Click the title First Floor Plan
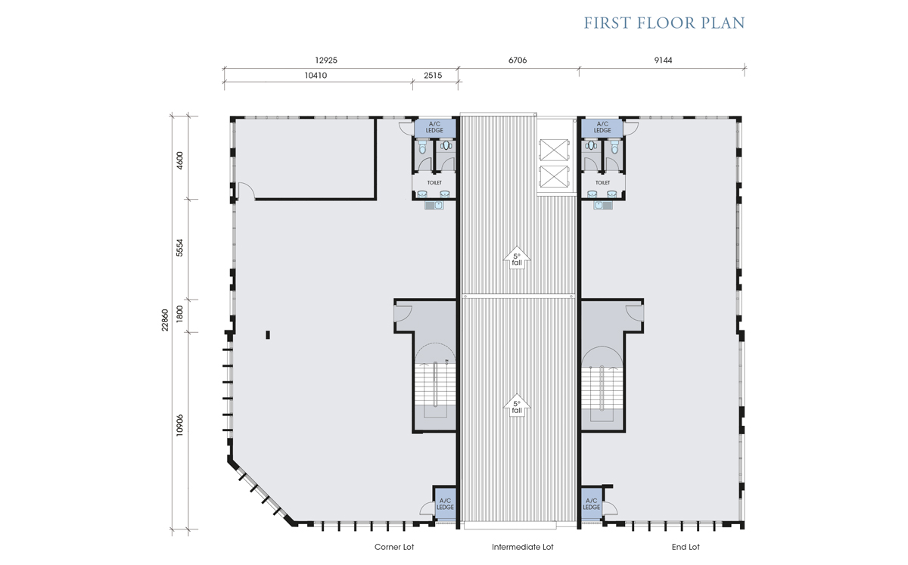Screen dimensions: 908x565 coord(664,23)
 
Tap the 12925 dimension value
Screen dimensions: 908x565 coord(326,61)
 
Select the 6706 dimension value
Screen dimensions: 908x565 coord(518,61)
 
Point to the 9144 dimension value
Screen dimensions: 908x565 coord(663,61)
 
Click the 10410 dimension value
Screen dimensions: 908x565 coord(316,76)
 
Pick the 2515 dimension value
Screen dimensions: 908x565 coord(433,76)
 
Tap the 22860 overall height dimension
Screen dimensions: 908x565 coord(165,320)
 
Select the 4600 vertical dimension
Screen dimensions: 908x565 coord(180,160)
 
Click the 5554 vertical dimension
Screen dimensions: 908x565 coord(180,247)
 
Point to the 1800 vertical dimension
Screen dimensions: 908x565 coord(180,314)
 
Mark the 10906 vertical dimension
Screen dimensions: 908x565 coord(180,425)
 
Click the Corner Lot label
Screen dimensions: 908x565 coord(394,547)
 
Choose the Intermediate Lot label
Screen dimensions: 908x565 coord(523,547)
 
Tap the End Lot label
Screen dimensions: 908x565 coord(686,547)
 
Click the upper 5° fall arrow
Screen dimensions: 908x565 coord(517,258)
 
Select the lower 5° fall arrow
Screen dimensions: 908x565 coord(517,405)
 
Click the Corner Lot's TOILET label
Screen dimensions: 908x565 coord(434,183)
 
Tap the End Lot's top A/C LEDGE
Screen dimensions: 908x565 coord(602,127)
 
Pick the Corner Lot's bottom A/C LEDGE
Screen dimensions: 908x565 coord(445,504)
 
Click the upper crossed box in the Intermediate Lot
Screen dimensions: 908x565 coord(554,150)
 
